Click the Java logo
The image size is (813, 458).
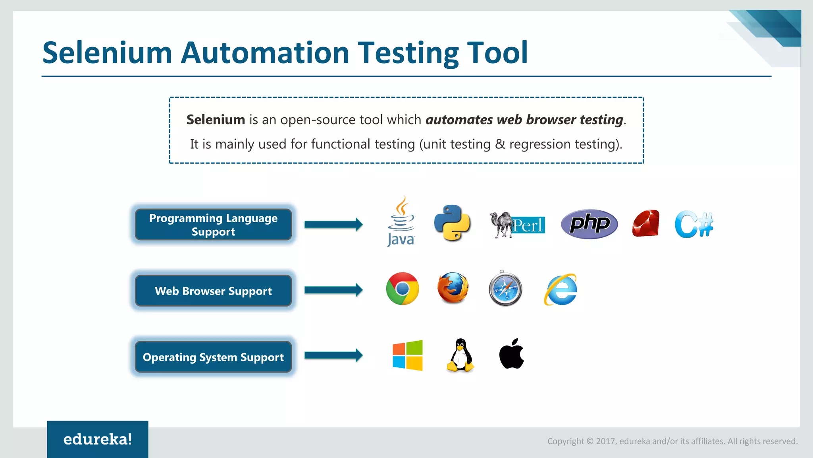pyautogui.click(x=401, y=222)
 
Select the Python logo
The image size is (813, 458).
pyautogui.click(x=452, y=223)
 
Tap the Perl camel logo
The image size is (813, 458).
pyautogui.click(x=517, y=225)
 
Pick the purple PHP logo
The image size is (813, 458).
pyautogui.click(x=589, y=224)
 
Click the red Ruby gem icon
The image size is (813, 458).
pyautogui.click(x=645, y=224)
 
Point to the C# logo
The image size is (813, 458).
pyautogui.click(x=694, y=225)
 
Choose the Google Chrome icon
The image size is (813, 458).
pyautogui.click(x=402, y=289)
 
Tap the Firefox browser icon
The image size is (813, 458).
pyautogui.click(x=453, y=288)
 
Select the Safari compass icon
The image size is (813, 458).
pyautogui.click(x=505, y=289)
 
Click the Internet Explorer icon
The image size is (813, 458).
pyautogui.click(x=560, y=290)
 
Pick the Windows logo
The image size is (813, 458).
pyautogui.click(x=407, y=355)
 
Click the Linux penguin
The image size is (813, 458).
pyautogui.click(x=460, y=355)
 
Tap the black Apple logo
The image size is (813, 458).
pyautogui.click(x=511, y=354)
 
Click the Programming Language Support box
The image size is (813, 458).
pyautogui.click(x=213, y=225)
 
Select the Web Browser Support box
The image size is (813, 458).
pyautogui.click(x=213, y=291)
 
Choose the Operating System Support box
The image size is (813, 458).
pyautogui.click(x=213, y=357)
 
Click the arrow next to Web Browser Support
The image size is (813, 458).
pyautogui.click(x=333, y=290)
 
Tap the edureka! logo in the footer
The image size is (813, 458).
pyautogui.click(x=98, y=439)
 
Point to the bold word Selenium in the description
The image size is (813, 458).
pyautogui.click(x=216, y=120)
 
